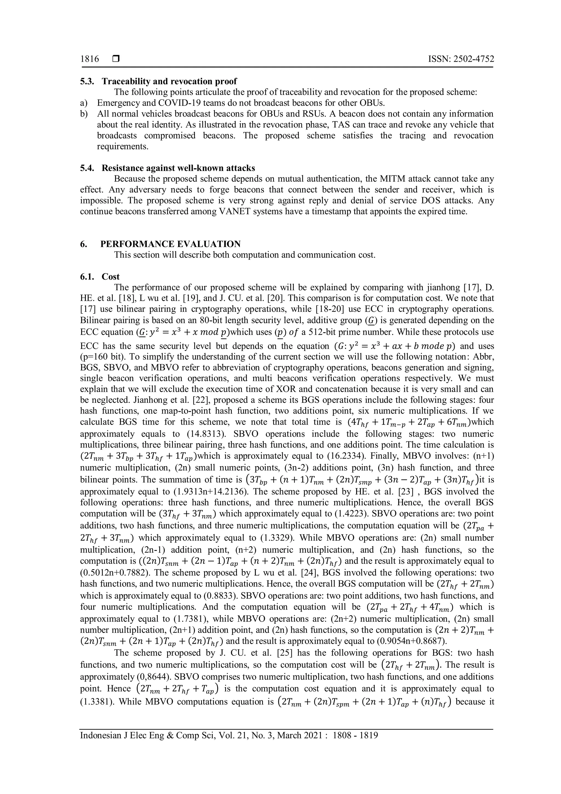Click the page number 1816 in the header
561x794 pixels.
click(x=90, y=59)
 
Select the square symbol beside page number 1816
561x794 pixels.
click(x=116, y=59)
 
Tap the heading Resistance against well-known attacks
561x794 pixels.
click(x=178, y=168)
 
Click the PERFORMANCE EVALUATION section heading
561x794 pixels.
click(x=170, y=244)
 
